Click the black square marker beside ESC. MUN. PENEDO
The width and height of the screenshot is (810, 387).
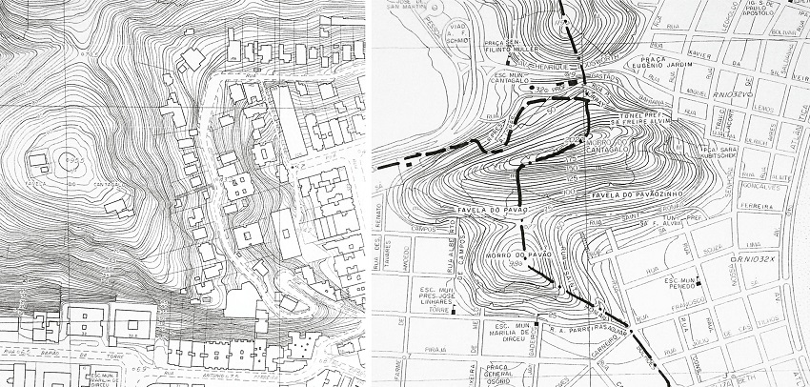pyautogui.click(x=699, y=280)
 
